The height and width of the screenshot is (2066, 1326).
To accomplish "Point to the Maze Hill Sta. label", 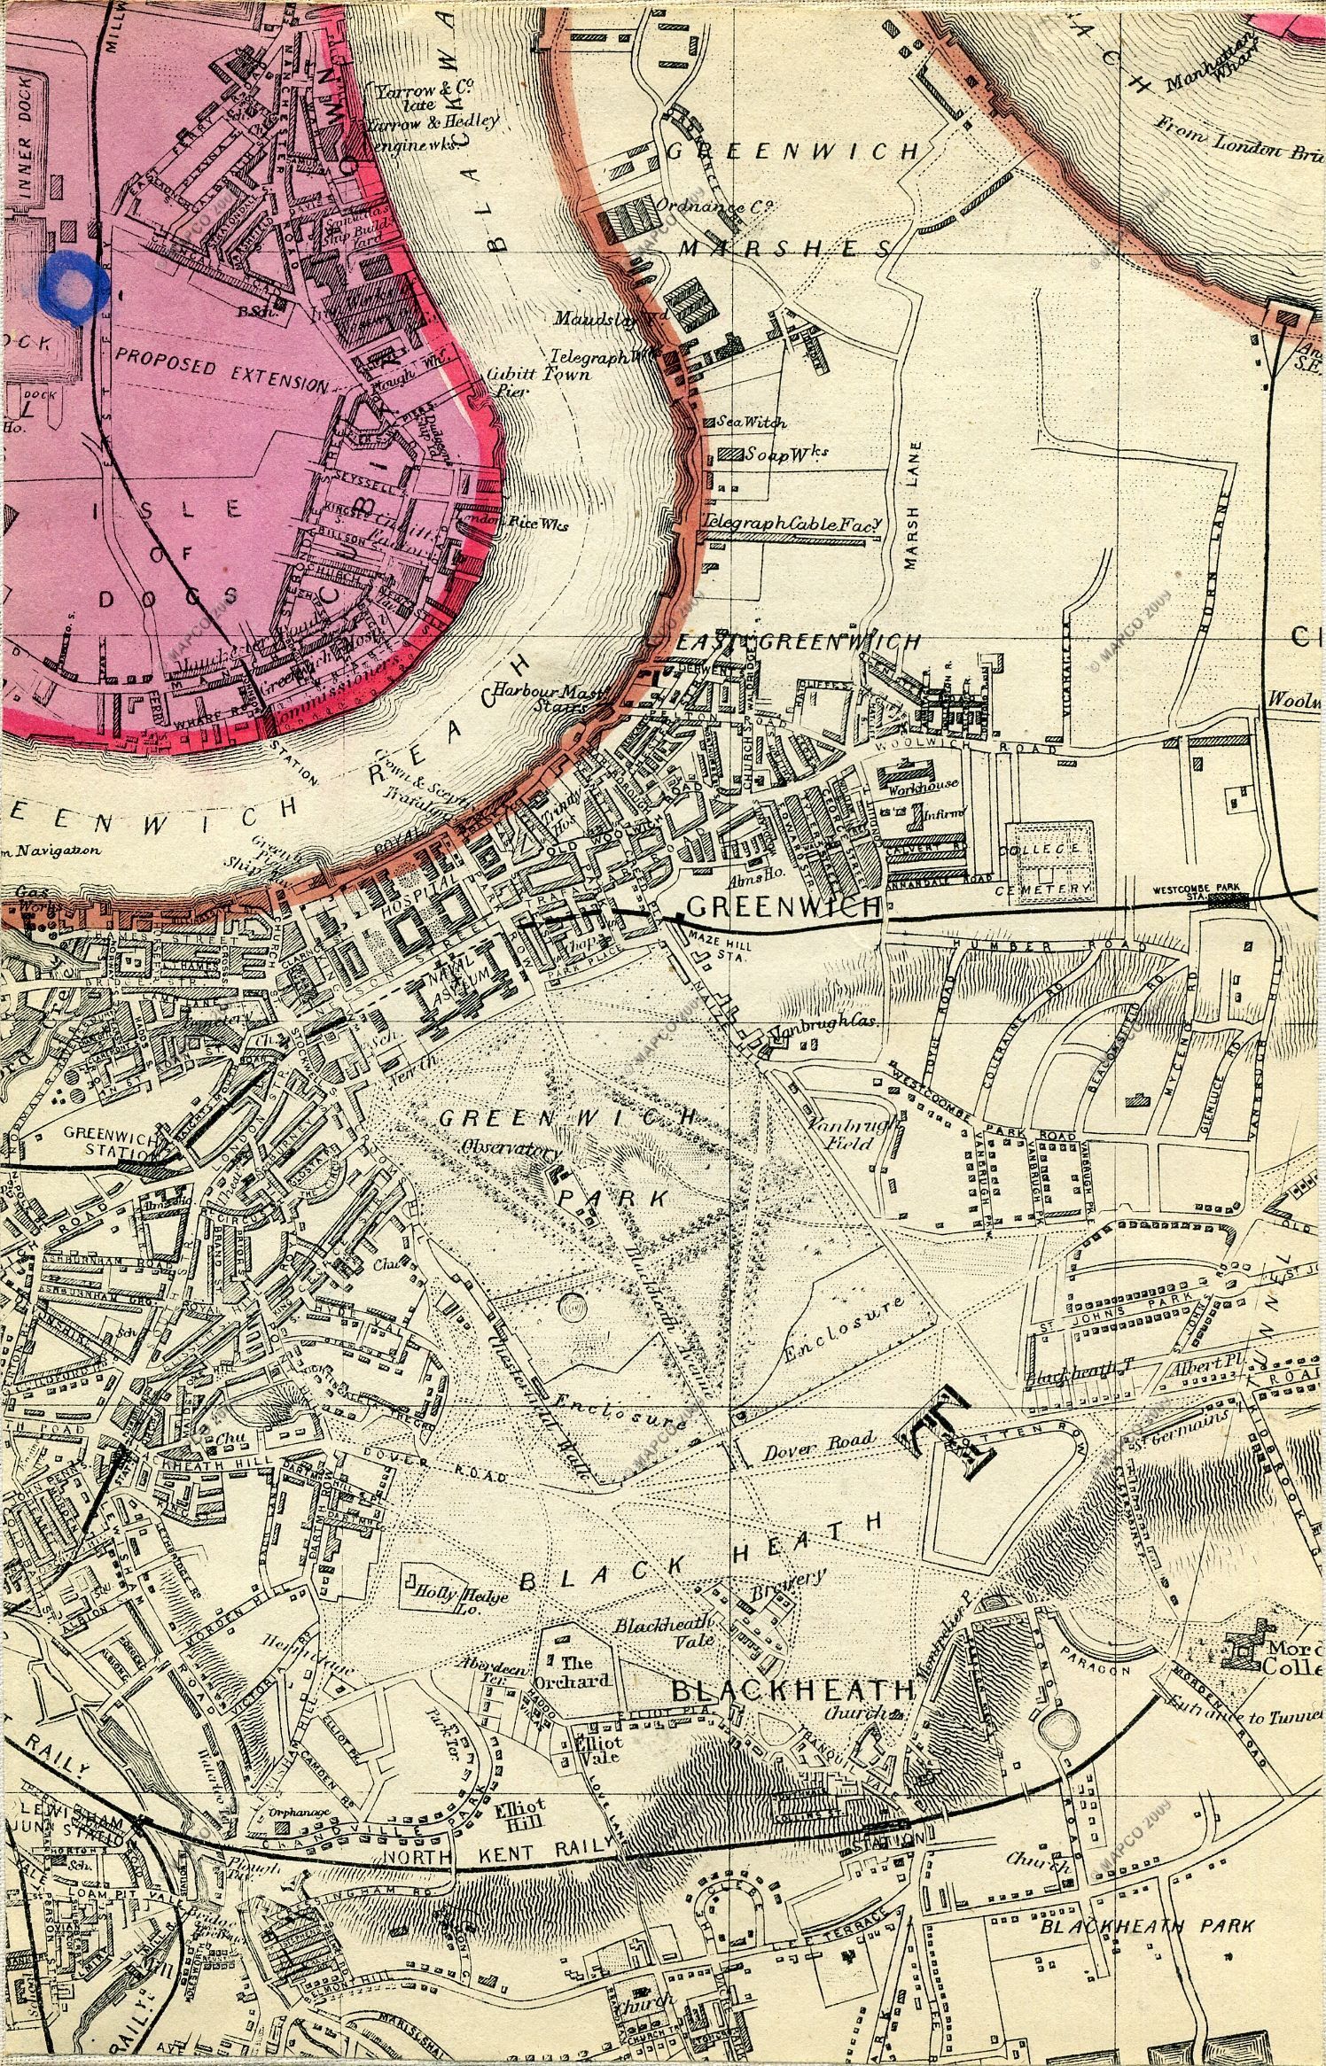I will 720,951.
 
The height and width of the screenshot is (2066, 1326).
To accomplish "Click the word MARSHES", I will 784,250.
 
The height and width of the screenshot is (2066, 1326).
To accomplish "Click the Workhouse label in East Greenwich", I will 913,787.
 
